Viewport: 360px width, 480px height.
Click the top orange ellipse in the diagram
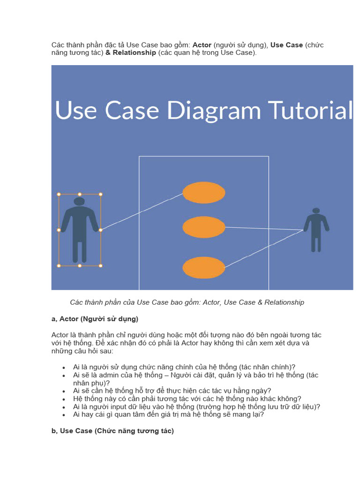pos(204,193)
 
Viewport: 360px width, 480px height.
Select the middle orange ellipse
pos(204,227)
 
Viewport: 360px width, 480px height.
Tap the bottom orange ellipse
pos(204,268)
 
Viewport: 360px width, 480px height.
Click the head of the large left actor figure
pos(79,201)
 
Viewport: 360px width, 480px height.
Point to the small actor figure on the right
pos(316,229)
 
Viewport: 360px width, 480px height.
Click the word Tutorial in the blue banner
pos(311,111)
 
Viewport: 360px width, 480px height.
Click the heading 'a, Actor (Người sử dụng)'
pos(95,319)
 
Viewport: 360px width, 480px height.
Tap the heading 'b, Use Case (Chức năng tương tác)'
pos(112,431)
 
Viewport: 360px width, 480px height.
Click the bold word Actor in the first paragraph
pos(202,45)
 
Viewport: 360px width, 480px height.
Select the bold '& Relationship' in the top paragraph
pos(131,53)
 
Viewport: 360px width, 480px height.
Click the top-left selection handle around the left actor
pos(59,194)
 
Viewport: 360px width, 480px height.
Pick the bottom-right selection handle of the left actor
pos(100,266)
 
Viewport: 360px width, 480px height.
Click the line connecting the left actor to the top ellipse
pos(141,212)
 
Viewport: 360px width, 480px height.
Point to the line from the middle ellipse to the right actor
pos(265,228)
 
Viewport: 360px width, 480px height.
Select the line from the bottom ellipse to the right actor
pos(265,248)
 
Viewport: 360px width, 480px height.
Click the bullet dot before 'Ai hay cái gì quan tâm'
pos(64,415)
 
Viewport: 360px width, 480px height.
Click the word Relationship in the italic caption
pos(284,302)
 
